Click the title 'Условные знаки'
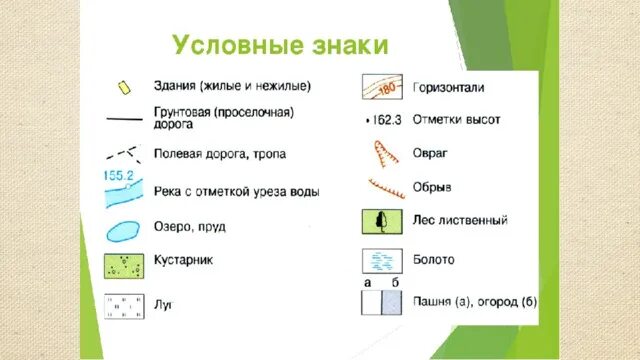click(279, 46)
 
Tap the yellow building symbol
click(125, 87)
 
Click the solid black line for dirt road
click(124, 119)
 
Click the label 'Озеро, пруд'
click(190, 227)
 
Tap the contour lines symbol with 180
click(382, 89)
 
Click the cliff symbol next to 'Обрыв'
click(382, 187)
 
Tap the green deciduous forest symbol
click(382, 220)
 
